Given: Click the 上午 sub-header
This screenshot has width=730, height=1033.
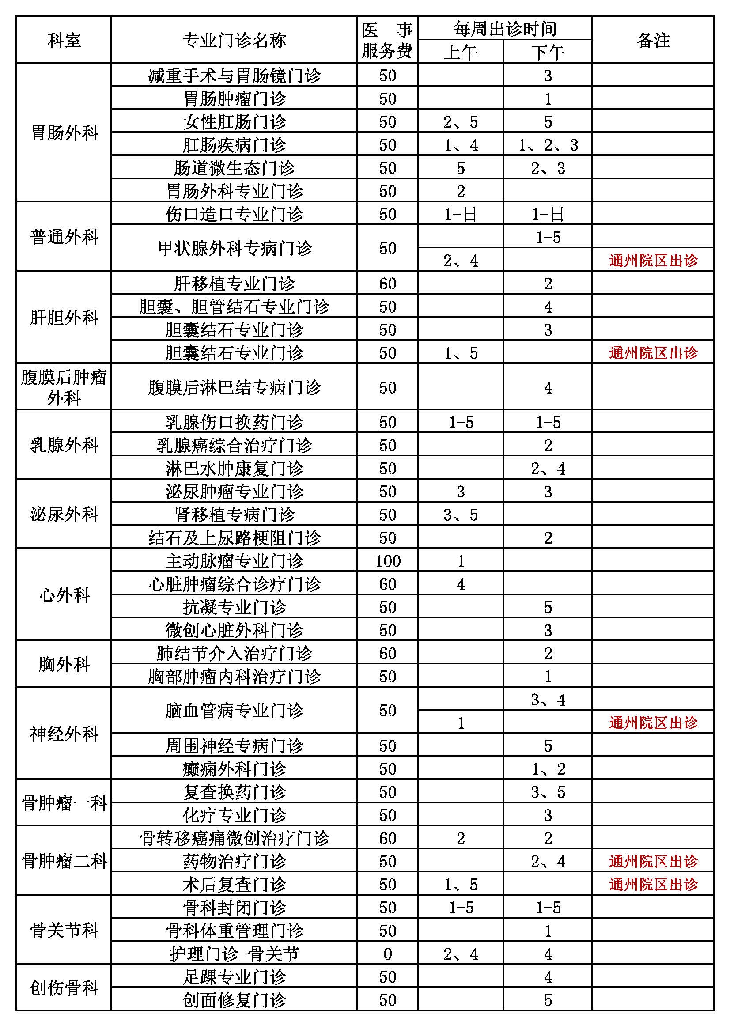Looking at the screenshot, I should pyautogui.click(x=460, y=52).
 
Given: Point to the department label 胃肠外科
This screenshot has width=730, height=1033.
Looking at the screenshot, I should pyautogui.click(x=64, y=133).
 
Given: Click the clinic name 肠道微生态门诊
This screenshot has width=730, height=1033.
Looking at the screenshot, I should pyautogui.click(x=234, y=168).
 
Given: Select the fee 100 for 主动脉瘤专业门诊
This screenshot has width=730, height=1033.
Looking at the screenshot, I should pyautogui.click(x=387, y=561).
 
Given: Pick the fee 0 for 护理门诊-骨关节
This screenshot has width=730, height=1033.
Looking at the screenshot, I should pyautogui.click(x=387, y=954).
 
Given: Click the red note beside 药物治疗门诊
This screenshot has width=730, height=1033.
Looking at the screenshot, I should pyautogui.click(x=653, y=862).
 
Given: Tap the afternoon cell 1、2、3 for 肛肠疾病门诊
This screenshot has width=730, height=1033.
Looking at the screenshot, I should pyautogui.click(x=548, y=145).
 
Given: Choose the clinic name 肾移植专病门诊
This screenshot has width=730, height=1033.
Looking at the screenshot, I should pyautogui.click(x=234, y=515).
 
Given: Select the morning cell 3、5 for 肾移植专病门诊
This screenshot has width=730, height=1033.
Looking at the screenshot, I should pyautogui.click(x=460, y=515).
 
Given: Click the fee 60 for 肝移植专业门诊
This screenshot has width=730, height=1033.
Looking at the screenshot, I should pyautogui.click(x=387, y=284).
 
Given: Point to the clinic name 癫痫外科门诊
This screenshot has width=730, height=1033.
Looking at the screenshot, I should pyautogui.click(x=234, y=769).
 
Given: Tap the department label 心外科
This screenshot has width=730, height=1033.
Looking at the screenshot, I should pyautogui.click(x=64, y=595).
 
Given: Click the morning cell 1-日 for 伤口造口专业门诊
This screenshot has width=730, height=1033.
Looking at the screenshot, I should pyautogui.click(x=460, y=214).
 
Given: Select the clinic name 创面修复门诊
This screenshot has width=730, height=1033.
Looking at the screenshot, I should pyautogui.click(x=234, y=1000).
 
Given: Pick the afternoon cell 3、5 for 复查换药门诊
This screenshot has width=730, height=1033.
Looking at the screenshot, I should pyautogui.click(x=548, y=792).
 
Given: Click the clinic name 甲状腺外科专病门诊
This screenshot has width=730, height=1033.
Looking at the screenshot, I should pyautogui.click(x=234, y=248).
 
